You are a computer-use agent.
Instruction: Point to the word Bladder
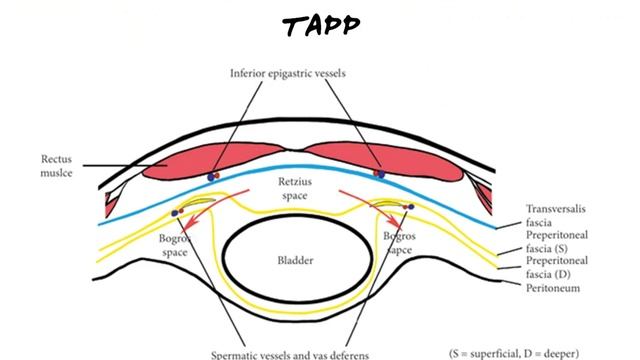[296, 261]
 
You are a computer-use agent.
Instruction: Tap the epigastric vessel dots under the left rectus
[213, 177]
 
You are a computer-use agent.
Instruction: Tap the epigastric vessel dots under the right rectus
[379, 174]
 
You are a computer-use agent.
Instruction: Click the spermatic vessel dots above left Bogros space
[177, 211]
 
